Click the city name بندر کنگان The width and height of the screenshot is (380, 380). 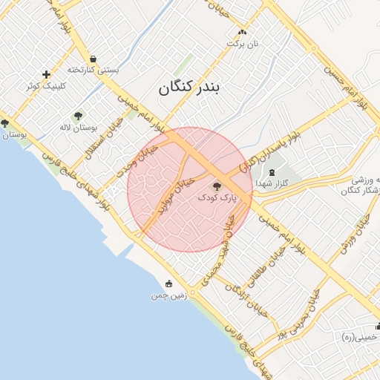[189, 88]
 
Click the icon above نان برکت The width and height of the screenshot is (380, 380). [242, 32]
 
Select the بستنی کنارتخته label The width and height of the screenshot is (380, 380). [94, 70]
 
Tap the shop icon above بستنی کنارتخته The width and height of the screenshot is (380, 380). [93, 59]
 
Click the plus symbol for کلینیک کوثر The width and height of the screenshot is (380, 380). [47, 74]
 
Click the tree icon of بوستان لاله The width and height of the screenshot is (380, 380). [78, 116]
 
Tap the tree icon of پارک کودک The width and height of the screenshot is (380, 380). [217, 187]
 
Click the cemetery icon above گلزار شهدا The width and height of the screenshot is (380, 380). [272, 171]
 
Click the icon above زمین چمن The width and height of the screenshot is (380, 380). [168, 284]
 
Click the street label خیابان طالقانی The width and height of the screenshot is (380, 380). [267, 265]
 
